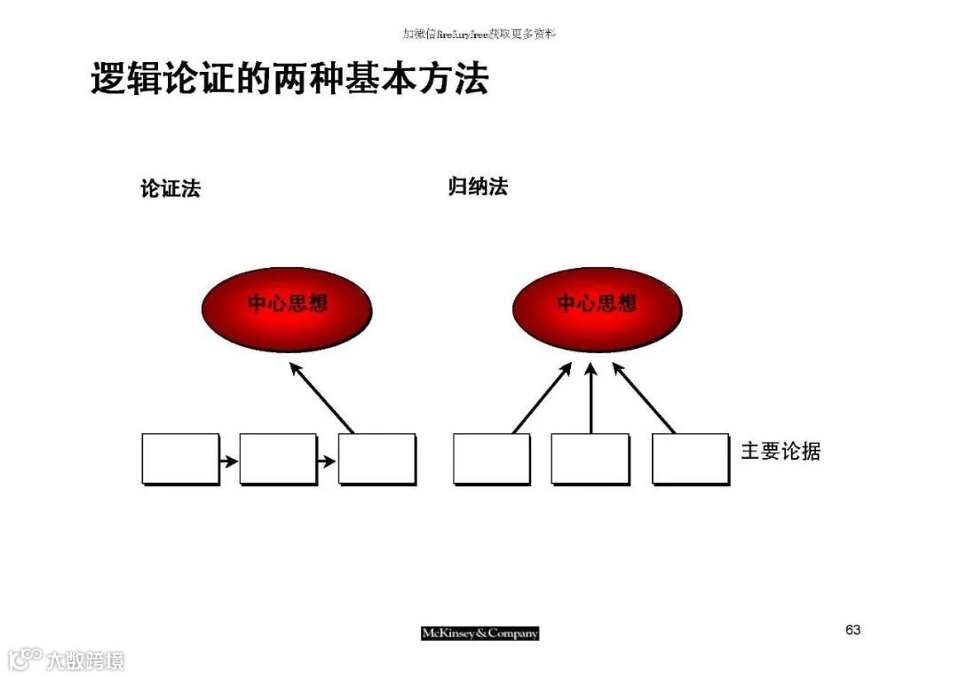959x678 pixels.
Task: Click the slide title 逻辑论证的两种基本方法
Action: click(x=289, y=80)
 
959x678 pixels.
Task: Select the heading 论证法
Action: click(x=170, y=189)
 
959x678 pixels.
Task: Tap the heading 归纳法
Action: click(x=478, y=187)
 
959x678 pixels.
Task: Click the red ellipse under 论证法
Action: click(x=287, y=307)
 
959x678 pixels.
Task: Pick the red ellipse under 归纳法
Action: click(x=597, y=307)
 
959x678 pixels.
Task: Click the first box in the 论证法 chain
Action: click(x=180, y=459)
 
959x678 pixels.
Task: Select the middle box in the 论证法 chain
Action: click(x=278, y=459)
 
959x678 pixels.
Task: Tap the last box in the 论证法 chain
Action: click(x=376, y=459)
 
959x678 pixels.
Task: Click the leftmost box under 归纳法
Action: click(x=491, y=459)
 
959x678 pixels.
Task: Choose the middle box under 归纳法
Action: click(x=590, y=459)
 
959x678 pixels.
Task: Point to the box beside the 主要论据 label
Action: click(x=690, y=459)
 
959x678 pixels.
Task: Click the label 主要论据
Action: click(x=781, y=452)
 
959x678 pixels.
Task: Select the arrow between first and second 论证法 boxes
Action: click(x=229, y=461)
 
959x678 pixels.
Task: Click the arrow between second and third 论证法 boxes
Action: click(x=327, y=461)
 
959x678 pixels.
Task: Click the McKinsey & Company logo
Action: click(x=479, y=634)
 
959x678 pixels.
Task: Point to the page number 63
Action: click(x=852, y=630)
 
